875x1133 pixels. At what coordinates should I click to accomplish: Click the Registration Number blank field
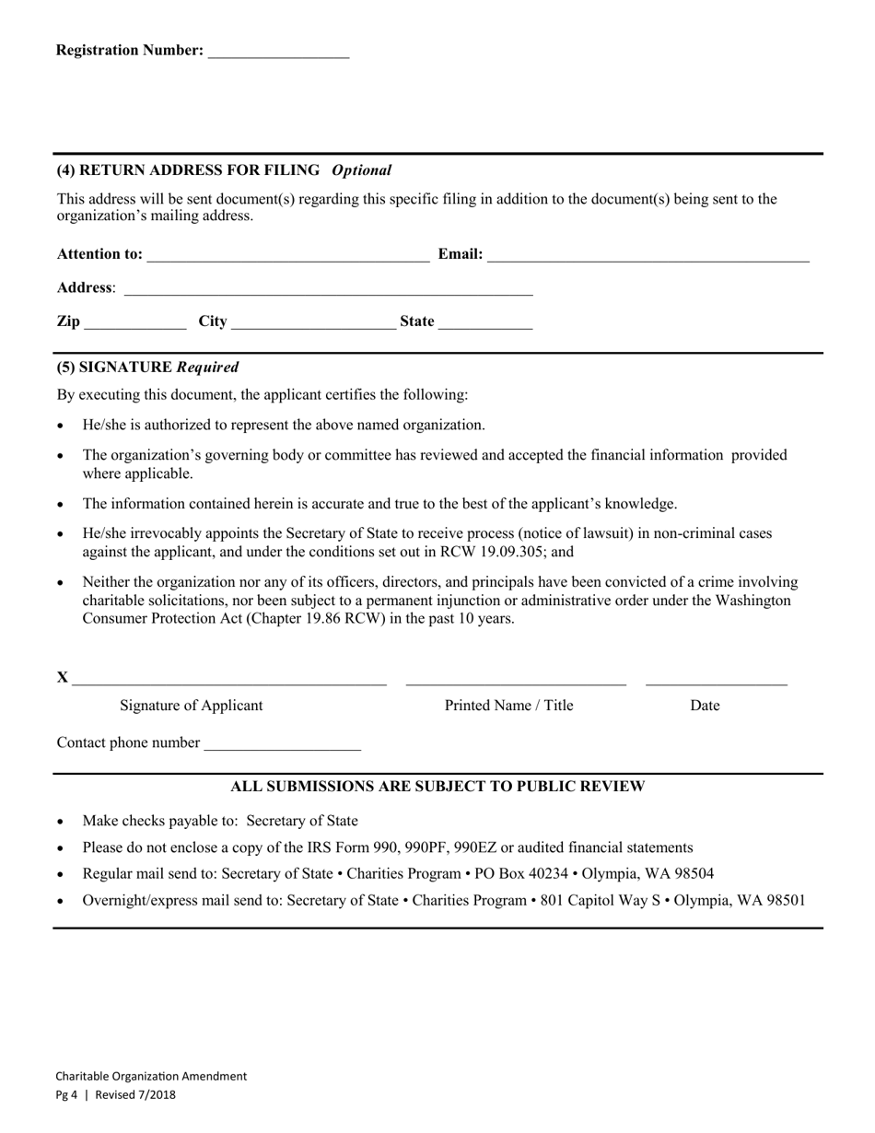[x=278, y=52]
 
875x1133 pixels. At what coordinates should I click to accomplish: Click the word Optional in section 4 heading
[x=361, y=170]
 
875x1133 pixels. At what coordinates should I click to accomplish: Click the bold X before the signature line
[x=63, y=678]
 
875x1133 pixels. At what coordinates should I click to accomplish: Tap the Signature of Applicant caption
[x=191, y=706]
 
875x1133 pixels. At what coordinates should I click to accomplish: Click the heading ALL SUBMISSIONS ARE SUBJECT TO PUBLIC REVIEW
[x=437, y=787]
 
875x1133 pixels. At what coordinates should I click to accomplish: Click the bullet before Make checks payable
[x=61, y=822]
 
